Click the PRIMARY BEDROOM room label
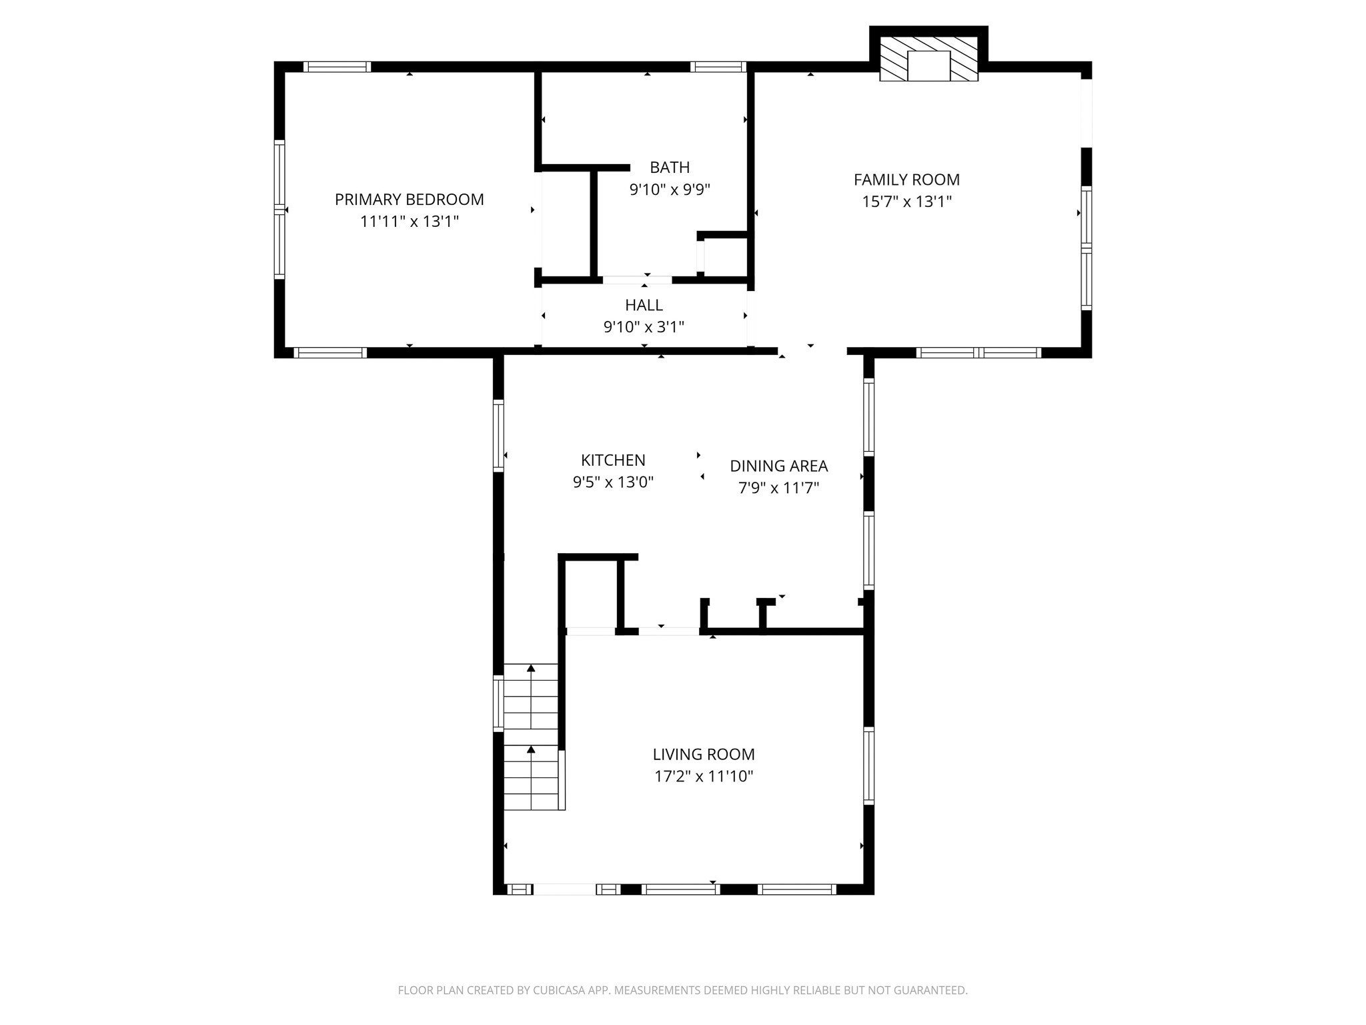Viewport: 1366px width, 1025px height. (x=409, y=200)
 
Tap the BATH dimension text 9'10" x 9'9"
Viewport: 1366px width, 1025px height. (x=670, y=190)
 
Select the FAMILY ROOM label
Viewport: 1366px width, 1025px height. (x=906, y=180)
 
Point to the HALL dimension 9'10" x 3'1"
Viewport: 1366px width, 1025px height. (x=644, y=327)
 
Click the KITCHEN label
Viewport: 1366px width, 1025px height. (x=613, y=460)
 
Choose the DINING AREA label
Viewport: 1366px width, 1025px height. (x=778, y=466)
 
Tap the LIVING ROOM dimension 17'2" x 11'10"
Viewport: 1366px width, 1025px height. (x=704, y=776)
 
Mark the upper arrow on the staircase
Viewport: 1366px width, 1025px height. (x=531, y=669)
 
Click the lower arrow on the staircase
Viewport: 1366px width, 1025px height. (x=531, y=751)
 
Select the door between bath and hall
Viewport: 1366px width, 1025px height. (x=637, y=280)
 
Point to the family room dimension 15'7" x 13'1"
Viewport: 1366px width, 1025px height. (x=906, y=202)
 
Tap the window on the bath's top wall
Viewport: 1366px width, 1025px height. (x=718, y=67)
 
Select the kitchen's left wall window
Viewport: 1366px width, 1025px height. (x=498, y=435)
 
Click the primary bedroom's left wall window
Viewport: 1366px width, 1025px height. (x=279, y=209)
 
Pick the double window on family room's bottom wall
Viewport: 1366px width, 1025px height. (x=978, y=353)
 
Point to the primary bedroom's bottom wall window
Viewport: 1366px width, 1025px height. (x=330, y=353)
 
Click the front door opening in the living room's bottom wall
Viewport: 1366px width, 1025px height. (x=564, y=889)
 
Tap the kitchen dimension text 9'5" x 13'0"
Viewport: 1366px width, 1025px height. (x=613, y=482)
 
